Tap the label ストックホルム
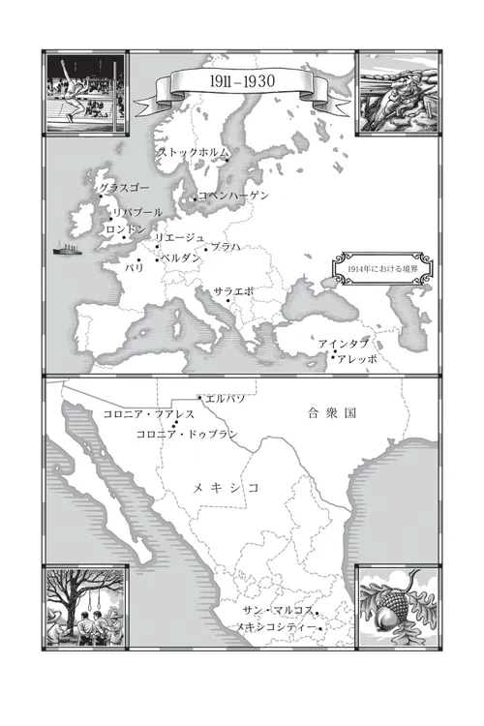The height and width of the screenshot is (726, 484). (195, 152)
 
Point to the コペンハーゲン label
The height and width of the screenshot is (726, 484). (233, 196)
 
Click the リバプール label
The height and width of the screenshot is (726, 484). (136, 212)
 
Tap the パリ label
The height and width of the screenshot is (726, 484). (134, 265)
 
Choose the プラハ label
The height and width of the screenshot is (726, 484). (225, 248)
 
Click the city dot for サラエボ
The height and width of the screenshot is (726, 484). (228, 301)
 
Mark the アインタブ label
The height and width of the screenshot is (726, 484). (344, 344)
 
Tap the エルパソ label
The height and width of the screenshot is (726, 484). (223, 398)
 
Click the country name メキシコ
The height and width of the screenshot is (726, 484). (226, 487)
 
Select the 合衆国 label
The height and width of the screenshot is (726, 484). (332, 412)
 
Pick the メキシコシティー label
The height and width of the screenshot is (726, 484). (276, 627)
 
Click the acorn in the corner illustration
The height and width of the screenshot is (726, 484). (390, 613)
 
